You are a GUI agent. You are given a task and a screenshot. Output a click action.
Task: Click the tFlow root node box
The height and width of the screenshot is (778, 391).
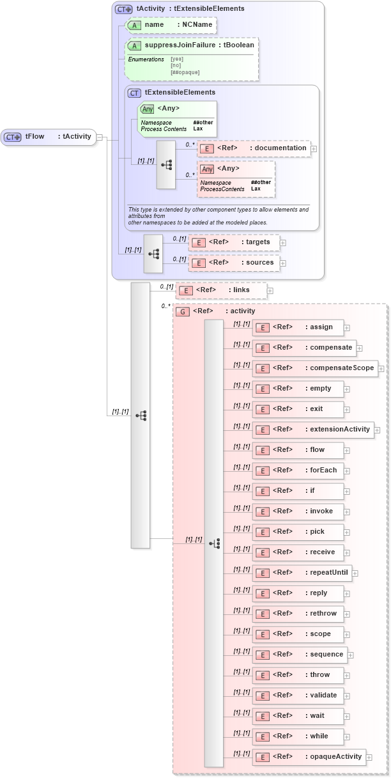[49, 137]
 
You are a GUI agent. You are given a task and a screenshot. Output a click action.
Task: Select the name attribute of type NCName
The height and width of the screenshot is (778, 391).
[171, 25]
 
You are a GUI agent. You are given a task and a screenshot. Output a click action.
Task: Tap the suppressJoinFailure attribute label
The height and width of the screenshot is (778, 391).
[181, 45]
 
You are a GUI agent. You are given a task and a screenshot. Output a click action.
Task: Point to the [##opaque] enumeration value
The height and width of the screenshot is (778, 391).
[185, 72]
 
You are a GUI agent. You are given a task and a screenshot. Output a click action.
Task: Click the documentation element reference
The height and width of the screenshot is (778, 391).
[254, 148]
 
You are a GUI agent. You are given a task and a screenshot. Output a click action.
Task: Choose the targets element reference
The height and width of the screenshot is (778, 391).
[234, 242]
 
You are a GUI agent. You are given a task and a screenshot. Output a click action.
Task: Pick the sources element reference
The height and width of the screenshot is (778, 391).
[234, 263]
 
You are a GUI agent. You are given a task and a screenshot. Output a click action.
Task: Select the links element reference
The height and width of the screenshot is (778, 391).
[221, 290]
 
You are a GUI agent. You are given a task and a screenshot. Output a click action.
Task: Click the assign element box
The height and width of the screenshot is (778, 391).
[298, 327]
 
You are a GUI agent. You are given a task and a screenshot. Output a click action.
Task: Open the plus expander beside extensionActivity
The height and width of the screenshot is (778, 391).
[377, 430]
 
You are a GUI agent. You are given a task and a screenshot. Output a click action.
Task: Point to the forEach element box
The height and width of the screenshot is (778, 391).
[298, 471]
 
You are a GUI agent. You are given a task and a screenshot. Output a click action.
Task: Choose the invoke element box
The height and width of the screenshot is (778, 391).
[298, 511]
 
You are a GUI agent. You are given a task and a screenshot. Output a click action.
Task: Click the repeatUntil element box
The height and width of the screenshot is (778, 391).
[302, 573]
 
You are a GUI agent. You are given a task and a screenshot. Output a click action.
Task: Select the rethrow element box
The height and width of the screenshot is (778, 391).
[298, 614]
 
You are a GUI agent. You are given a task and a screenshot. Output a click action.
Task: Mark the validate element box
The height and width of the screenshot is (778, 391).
[298, 696]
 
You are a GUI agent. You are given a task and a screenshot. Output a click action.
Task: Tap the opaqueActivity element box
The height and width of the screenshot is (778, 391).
[309, 757]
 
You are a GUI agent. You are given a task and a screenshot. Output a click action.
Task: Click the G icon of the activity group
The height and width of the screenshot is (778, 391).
[183, 311]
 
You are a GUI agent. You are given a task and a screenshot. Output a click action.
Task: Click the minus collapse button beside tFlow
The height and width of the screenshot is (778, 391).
[100, 137]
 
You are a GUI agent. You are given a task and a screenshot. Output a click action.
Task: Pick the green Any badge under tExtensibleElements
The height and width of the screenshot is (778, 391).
[148, 109]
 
